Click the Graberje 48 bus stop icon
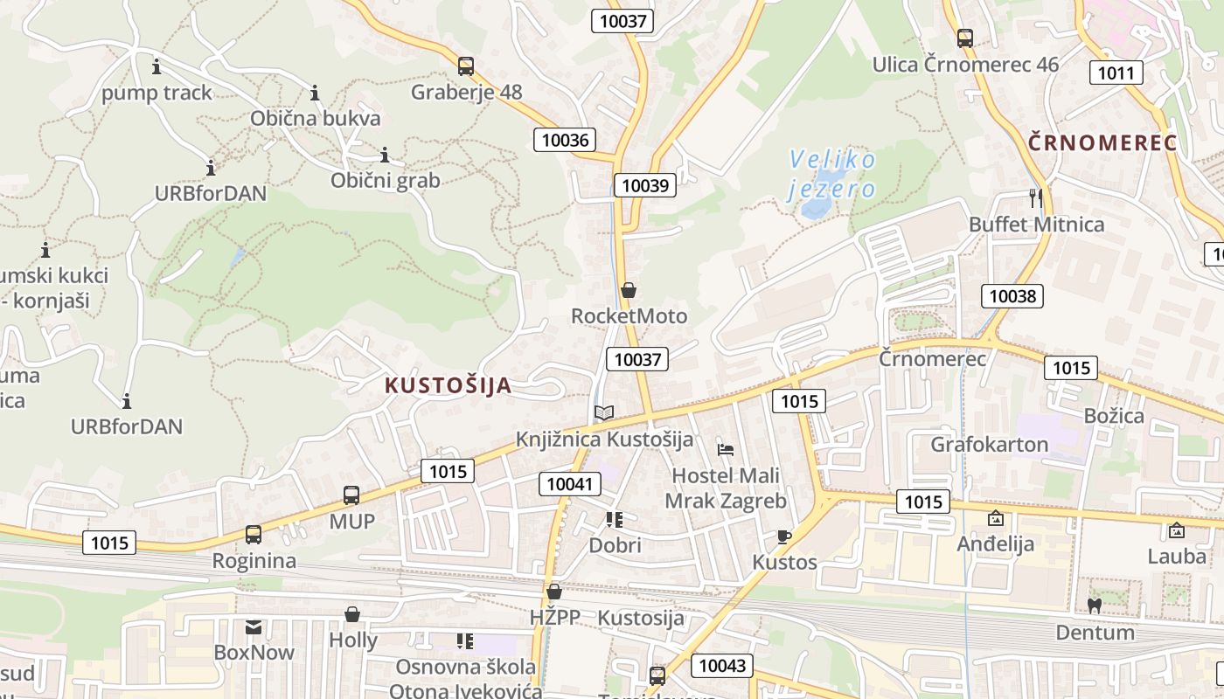[x=466, y=66]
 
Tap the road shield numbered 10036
[x=565, y=139]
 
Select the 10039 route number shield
[x=645, y=184]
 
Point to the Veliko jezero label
[x=831, y=174]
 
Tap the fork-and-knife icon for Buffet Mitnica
[x=1036, y=198]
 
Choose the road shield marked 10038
[x=1012, y=295]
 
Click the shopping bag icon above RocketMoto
[x=628, y=290]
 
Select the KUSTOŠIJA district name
[x=448, y=385]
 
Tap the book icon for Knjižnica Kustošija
[x=604, y=412]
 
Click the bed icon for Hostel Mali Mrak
[x=726, y=450]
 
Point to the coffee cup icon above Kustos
[x=784, y=536]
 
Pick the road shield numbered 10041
[x=569, y=483]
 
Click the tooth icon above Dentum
[x=1094, y=605]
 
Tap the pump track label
[x=156, y=93]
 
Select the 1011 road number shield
[x=1116, y=72]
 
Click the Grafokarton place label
[x=989, y=444]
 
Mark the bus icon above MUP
[x=351, y=495]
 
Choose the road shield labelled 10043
[x=723, y=665]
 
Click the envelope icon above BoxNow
[x=254, y=626]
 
